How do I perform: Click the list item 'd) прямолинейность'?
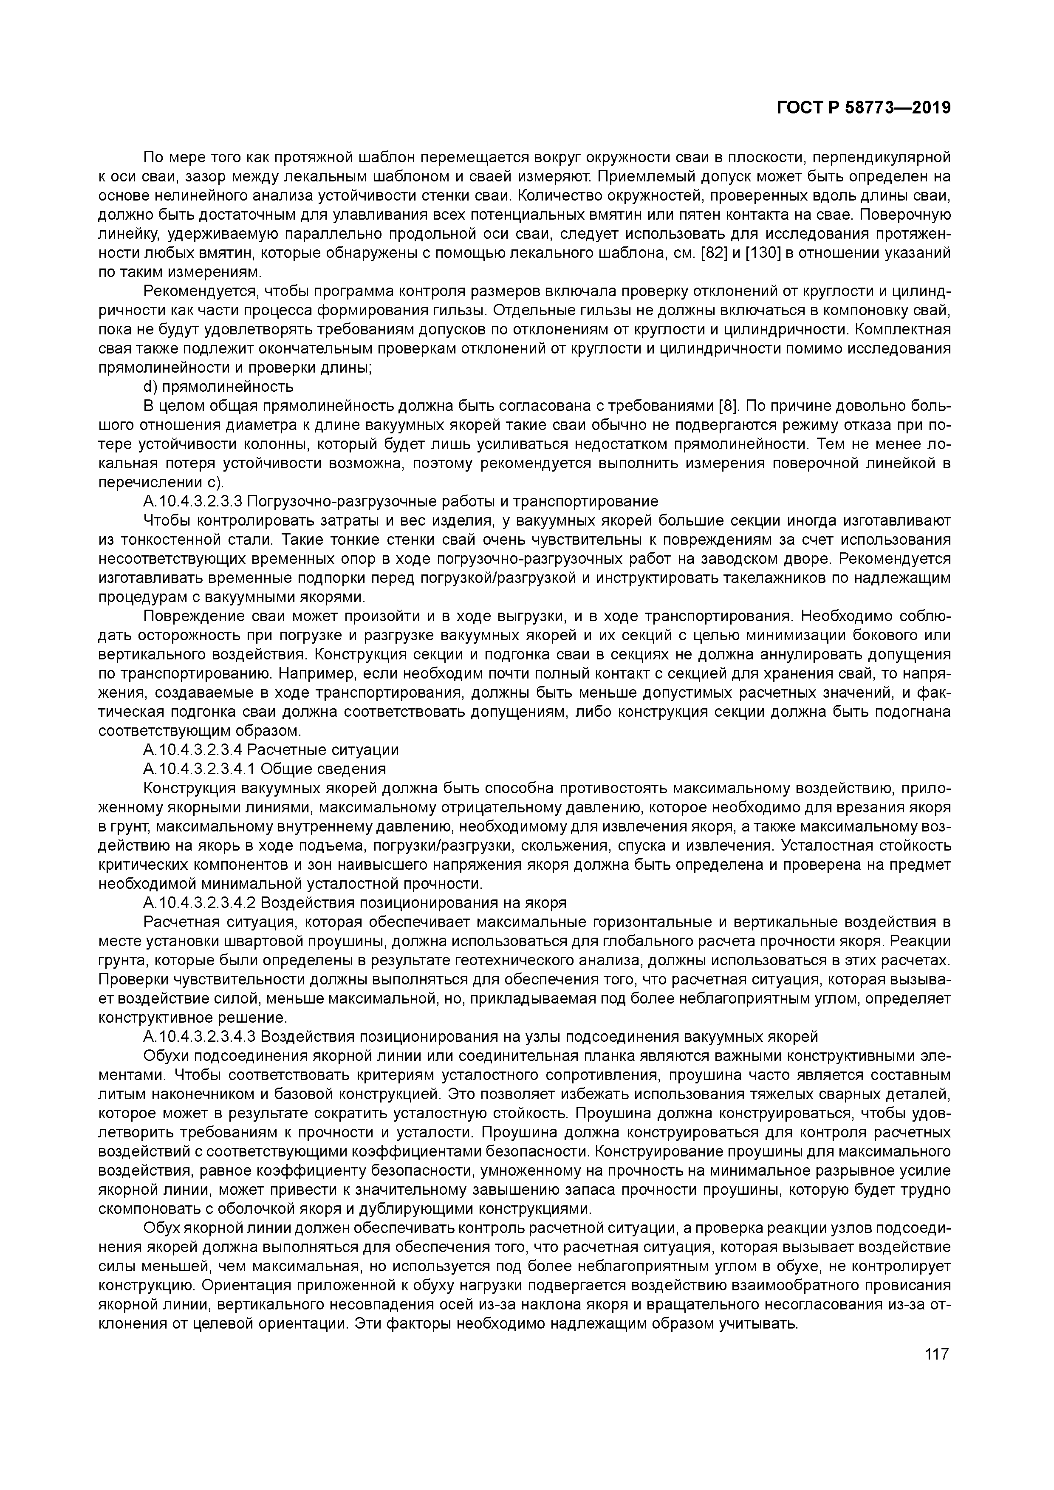coord(218,387)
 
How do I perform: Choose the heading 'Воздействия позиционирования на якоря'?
coord(413,903)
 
